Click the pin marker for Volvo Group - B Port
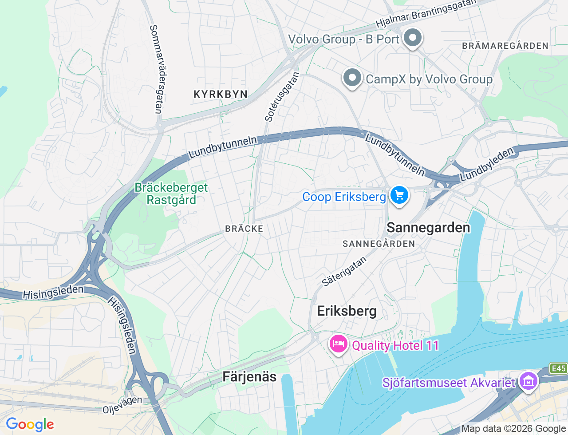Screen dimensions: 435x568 point(413,38)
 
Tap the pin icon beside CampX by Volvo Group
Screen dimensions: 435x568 point(352,78)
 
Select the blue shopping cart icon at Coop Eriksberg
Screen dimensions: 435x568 point(399,195)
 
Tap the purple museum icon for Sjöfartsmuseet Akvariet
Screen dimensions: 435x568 point(529,381)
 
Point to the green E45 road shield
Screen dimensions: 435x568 point(558,368)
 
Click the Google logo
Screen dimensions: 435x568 point(30,425)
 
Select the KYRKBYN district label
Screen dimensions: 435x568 point(221,94)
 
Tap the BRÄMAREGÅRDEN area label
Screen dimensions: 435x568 point(505,46)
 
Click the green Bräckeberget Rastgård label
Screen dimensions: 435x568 point(171,194)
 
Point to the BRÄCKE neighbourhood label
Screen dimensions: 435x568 point(244,229)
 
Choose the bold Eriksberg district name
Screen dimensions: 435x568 point(347,311)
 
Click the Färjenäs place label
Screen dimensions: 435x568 point(249,377)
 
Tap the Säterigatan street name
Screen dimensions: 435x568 point(344,271)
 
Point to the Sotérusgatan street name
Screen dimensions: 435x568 point(282,97)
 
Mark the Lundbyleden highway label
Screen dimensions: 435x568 point(487,164)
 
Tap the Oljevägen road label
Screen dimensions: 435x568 point(122,405)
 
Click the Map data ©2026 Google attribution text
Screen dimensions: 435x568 point(513,428)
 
